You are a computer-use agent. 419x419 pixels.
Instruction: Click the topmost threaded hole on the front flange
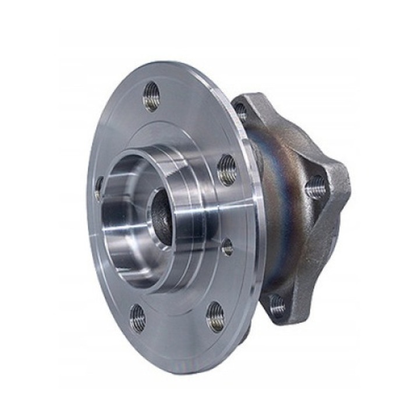pos(151,96)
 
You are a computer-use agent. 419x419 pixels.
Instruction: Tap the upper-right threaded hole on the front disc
pos(228,170)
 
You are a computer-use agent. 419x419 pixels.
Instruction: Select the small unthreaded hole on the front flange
pos(228,247)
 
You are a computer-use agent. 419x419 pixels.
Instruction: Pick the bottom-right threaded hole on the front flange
pos(215,317)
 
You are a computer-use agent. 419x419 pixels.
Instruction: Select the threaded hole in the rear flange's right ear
pos(315,187)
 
